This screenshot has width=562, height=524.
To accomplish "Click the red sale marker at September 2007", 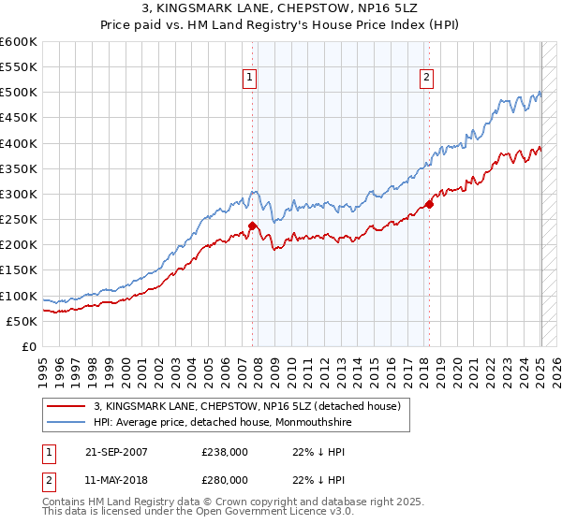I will (253, 226).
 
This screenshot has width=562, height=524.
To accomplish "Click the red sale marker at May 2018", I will (429, 204).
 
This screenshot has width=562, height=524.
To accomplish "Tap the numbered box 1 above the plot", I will (251, 79).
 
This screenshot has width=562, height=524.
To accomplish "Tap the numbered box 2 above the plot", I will (426, 79).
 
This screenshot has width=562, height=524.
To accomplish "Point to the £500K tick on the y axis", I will (20, 93).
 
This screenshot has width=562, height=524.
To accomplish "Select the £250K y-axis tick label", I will (20, 220).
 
